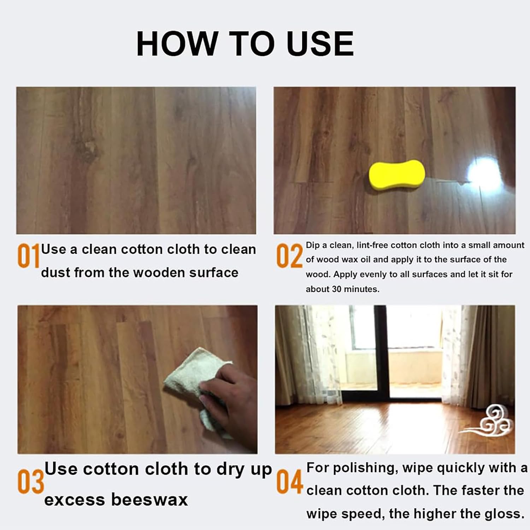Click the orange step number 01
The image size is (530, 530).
pos(28,256)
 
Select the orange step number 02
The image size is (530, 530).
pos(289,256)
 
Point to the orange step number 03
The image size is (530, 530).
pos(30,482)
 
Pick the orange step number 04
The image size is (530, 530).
pos(290,482)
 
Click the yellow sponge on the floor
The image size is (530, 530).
pos(397,176)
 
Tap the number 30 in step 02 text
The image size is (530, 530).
pos(337,289)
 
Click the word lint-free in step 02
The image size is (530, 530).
pos(372,245)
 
